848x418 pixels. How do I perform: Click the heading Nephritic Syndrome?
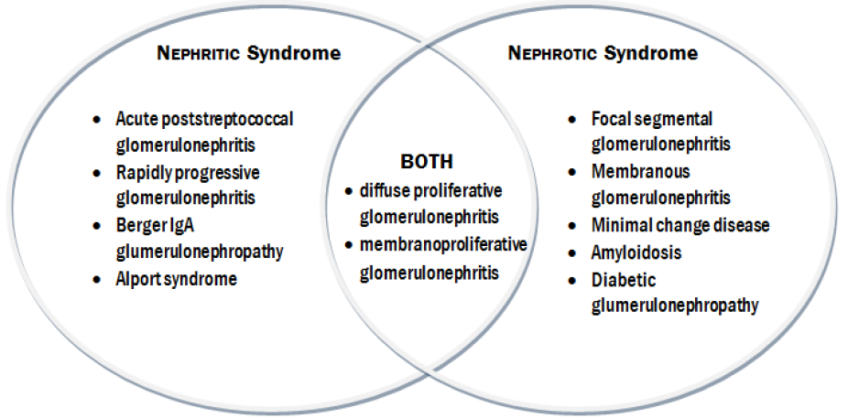(248, 53)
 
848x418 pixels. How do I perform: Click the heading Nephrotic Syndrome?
(602, 53)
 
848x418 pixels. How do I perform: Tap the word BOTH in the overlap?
(426, 162)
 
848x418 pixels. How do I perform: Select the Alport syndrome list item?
(176, 279)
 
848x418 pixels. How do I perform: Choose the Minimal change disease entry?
(680, 225)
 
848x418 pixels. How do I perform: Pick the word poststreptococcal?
(226, 119)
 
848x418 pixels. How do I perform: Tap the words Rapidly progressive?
(188, 172)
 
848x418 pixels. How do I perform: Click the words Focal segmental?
(652, 119)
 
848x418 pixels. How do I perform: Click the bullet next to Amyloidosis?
(572, 252)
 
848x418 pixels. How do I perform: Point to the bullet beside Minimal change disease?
(572, 226)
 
